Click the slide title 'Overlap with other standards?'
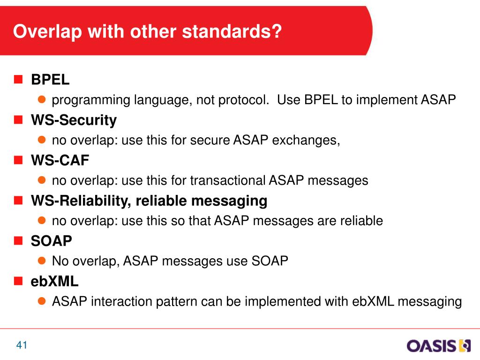pyautogui.click(x=147, y=32)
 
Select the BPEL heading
pyautogui.click(x=50, y=80)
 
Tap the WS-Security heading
pyautogui.click(x=74, y=120)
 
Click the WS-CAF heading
pyautogui.click(x=60, y=160)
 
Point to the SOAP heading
pyautogui.click(x=52, y=240)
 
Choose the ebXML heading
pyautogui.click(x=54, y=281)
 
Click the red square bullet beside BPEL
pyautogui.click(x=18, y=79)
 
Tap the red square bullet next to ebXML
pyautogui.click(x=18, y=281)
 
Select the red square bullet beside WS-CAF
pyautogui.click(x=18, y=160)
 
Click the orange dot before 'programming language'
pyautogui.click(x=42, y=99)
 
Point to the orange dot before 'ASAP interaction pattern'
pyautogui.click(x=42, y=301)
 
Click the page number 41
pyautogui.click(x=22, y=345)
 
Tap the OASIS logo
pyautogui.click(x=438, y=345)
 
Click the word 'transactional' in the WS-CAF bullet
pyautogui.click(x=227, y=180)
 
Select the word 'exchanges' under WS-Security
pyautogui.click(x=306, y=140)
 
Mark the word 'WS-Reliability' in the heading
pyautogui.click(x=81, y=201)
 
